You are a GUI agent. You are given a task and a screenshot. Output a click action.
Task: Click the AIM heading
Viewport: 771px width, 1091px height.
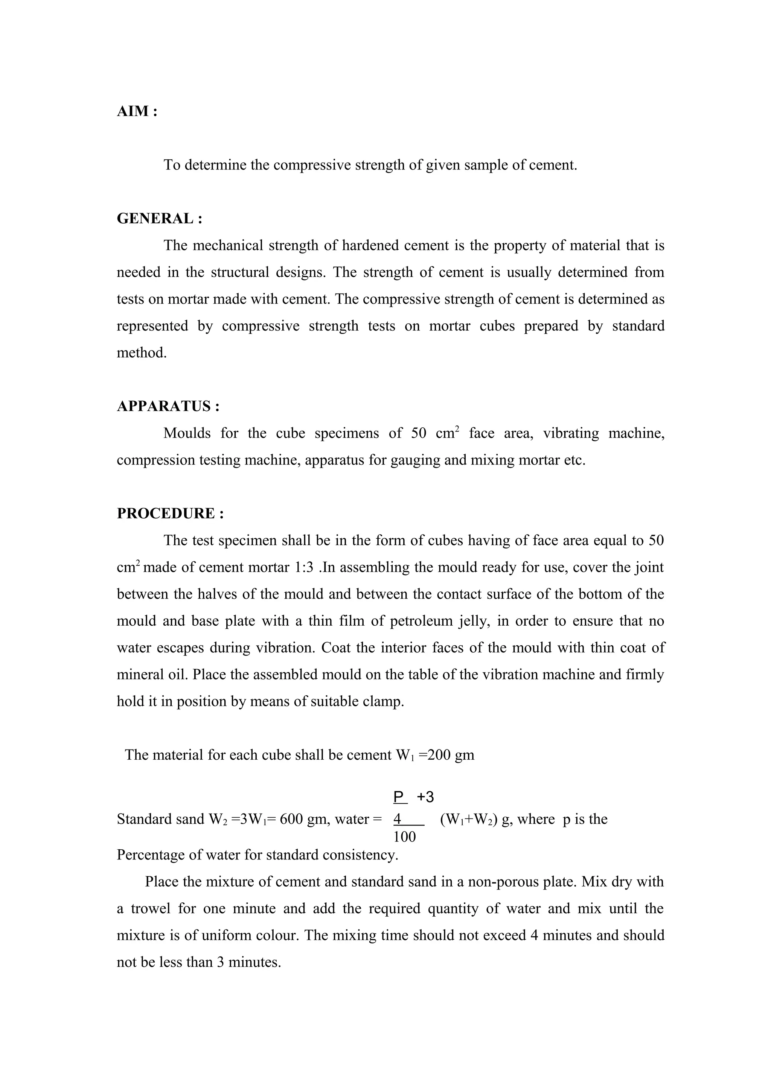coord(137,111)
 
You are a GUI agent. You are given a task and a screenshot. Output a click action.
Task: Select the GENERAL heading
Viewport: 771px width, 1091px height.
coord(160,219)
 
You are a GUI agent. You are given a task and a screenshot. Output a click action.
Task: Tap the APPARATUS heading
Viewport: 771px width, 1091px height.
coord(168,406)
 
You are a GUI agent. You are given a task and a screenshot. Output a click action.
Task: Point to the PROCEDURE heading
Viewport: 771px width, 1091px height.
coord(170,514)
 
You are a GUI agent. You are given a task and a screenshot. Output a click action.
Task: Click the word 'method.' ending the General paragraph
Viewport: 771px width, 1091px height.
coord(142,353)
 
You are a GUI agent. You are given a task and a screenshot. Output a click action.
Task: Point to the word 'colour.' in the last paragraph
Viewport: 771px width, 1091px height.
coord(277,936)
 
